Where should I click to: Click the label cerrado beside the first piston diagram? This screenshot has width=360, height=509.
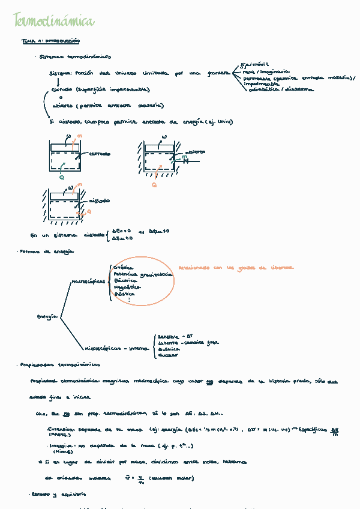pyautogui.click(x=100, y=154)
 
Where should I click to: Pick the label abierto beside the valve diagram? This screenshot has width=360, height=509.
pyautogui.click(x=194, y=152)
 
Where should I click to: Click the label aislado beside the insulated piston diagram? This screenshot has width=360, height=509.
pyautogui.click(x=99, y=200)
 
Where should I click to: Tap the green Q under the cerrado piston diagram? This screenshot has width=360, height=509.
pyautogui.click(x=62, y=177)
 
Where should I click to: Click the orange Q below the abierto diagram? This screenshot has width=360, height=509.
pyautogui.click(x=154, y=185)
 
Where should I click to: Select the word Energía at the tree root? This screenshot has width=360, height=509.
pyautogui.click(x=47, y=316)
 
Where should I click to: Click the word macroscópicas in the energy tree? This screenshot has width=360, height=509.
pyautogui.click(x=88, y=281)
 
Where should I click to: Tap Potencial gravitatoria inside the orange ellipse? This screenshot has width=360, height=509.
pyautogui.click(x=143, y=274)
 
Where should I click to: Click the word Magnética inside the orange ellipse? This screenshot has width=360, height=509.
pyautogui.click(x=127, y=288)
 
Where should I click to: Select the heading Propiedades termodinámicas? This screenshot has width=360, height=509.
pyautogui.click(x=59, y=364)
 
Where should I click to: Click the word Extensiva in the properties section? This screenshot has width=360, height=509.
pyautogui.click(x=60, y=430)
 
